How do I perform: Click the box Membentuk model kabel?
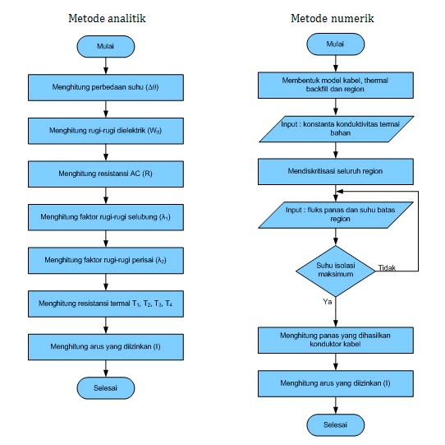[x=335, y=84]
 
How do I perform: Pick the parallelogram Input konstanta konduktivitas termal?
[x=335, y=127]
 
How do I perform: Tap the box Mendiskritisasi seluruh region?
[x=335, y=171]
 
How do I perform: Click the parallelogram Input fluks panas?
[x=335, y=216]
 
